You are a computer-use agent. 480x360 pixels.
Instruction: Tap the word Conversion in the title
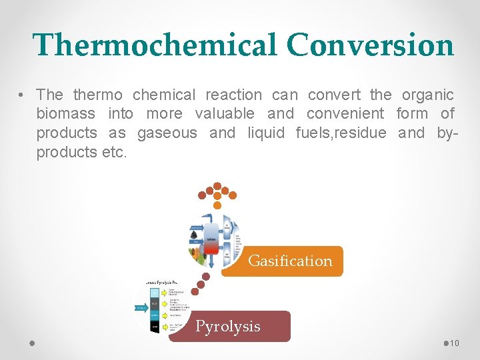pyautogui.click(x=370, y=45)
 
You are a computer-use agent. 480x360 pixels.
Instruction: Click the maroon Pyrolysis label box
pyautogui.click(x=229, y=326)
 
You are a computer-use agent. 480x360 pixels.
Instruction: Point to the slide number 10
pyautogui.click(x=455, y=343)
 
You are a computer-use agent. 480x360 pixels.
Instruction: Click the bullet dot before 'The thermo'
pyautogui.click(x=23, y=95)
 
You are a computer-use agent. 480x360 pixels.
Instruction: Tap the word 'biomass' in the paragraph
pyautogui.click(x=65, y=114)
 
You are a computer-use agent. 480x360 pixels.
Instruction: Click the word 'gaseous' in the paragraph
pyautogui.click(x=167, y=133)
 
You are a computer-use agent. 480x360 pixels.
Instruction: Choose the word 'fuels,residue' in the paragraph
pyautogui.click(x=340, y=133)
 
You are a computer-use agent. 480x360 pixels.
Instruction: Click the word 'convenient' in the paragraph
pyautogui.click(x=345, y=114)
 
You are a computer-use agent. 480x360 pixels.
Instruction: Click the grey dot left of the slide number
pyautogui.click(x=446, y=343)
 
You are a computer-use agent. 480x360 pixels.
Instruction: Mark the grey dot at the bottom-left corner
pyautogui.click(x=32, y=343)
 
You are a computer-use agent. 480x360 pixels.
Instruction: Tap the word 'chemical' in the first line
pyautogui.click(x=163, y=95)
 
